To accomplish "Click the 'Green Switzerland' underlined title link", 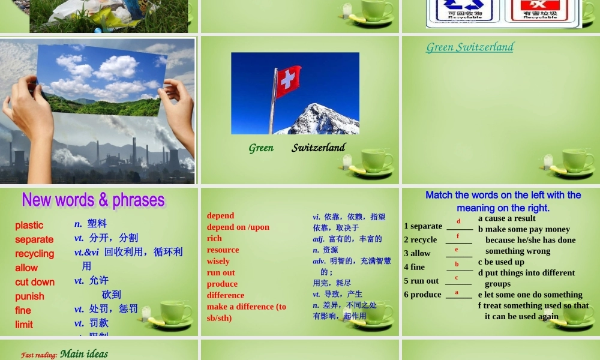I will point(470,47).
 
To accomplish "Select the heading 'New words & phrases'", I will point(93,200).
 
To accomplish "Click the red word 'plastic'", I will point(29,225).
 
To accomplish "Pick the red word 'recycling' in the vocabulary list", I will point(35,253).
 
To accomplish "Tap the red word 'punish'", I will point(30,296).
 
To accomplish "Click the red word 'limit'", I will point(24,324).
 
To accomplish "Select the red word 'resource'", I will point(223,250).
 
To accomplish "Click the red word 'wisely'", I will point(218,261).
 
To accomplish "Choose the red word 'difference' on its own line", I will point(226,295).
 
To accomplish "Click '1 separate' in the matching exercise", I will point(423,226).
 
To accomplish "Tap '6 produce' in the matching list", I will point(422,295).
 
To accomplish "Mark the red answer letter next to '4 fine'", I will point(457,264).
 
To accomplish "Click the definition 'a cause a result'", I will point(507,218).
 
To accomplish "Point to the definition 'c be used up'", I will point(501,262).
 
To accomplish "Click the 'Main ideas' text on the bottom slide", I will point(84,353).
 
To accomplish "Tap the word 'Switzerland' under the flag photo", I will point(319,148).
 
